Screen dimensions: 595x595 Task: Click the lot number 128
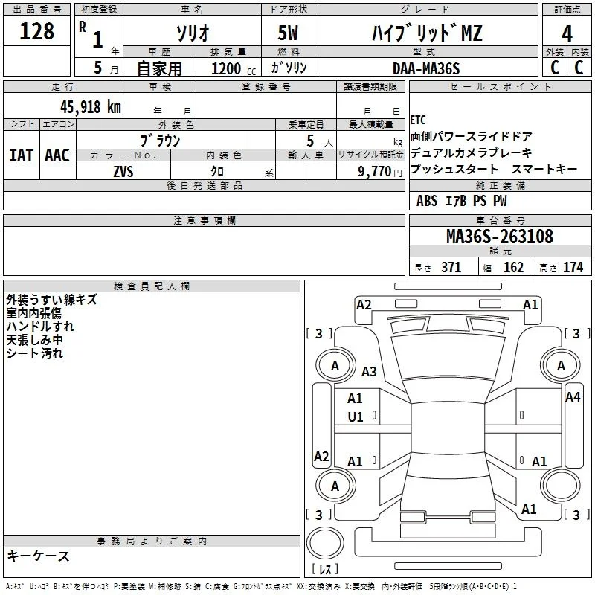[x=36, y=30]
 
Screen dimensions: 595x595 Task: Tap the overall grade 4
[x=567, y=33]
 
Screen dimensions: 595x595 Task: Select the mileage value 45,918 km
[x=90, y=107]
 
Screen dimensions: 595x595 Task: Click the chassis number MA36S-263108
[x=500, y=237]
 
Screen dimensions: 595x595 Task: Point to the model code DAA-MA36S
[x=426, y=68]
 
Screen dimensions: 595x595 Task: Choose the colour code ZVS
[x=123, y=172]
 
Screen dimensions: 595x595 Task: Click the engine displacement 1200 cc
[x=234, y=68]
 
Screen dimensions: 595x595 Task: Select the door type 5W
[x=288, y=33]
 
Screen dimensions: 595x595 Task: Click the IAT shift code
[x=21, y=155]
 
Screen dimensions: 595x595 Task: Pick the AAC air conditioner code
[x=57, y=155]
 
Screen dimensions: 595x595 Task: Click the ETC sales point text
[x=418, y=120]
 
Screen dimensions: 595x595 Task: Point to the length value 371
[x=451, y=267]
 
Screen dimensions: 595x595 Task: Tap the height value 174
[x=573, y=267]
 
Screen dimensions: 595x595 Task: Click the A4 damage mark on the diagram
[x=573, y=397]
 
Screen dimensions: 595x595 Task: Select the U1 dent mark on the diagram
[x=356, y=417]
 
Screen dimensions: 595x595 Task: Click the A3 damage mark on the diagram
[x=369, y=371]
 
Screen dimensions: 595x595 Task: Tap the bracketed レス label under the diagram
[x=325, y=569]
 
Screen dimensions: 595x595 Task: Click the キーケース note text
[x=38, y=556]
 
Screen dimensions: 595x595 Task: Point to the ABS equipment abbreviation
[x=427, y=201]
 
